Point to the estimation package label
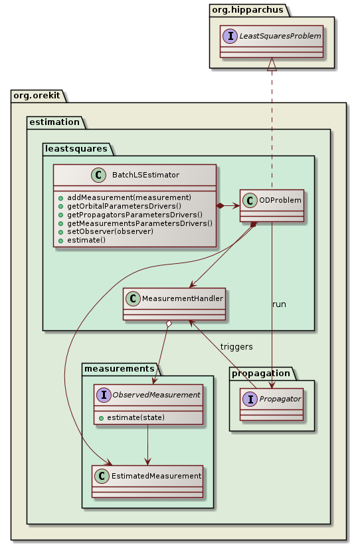click(54, 121)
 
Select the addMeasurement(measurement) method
click(129, 197)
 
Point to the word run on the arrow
click(280, 304)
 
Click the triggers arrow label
click(236, 347)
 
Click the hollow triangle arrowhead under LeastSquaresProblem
click(271, 64)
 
